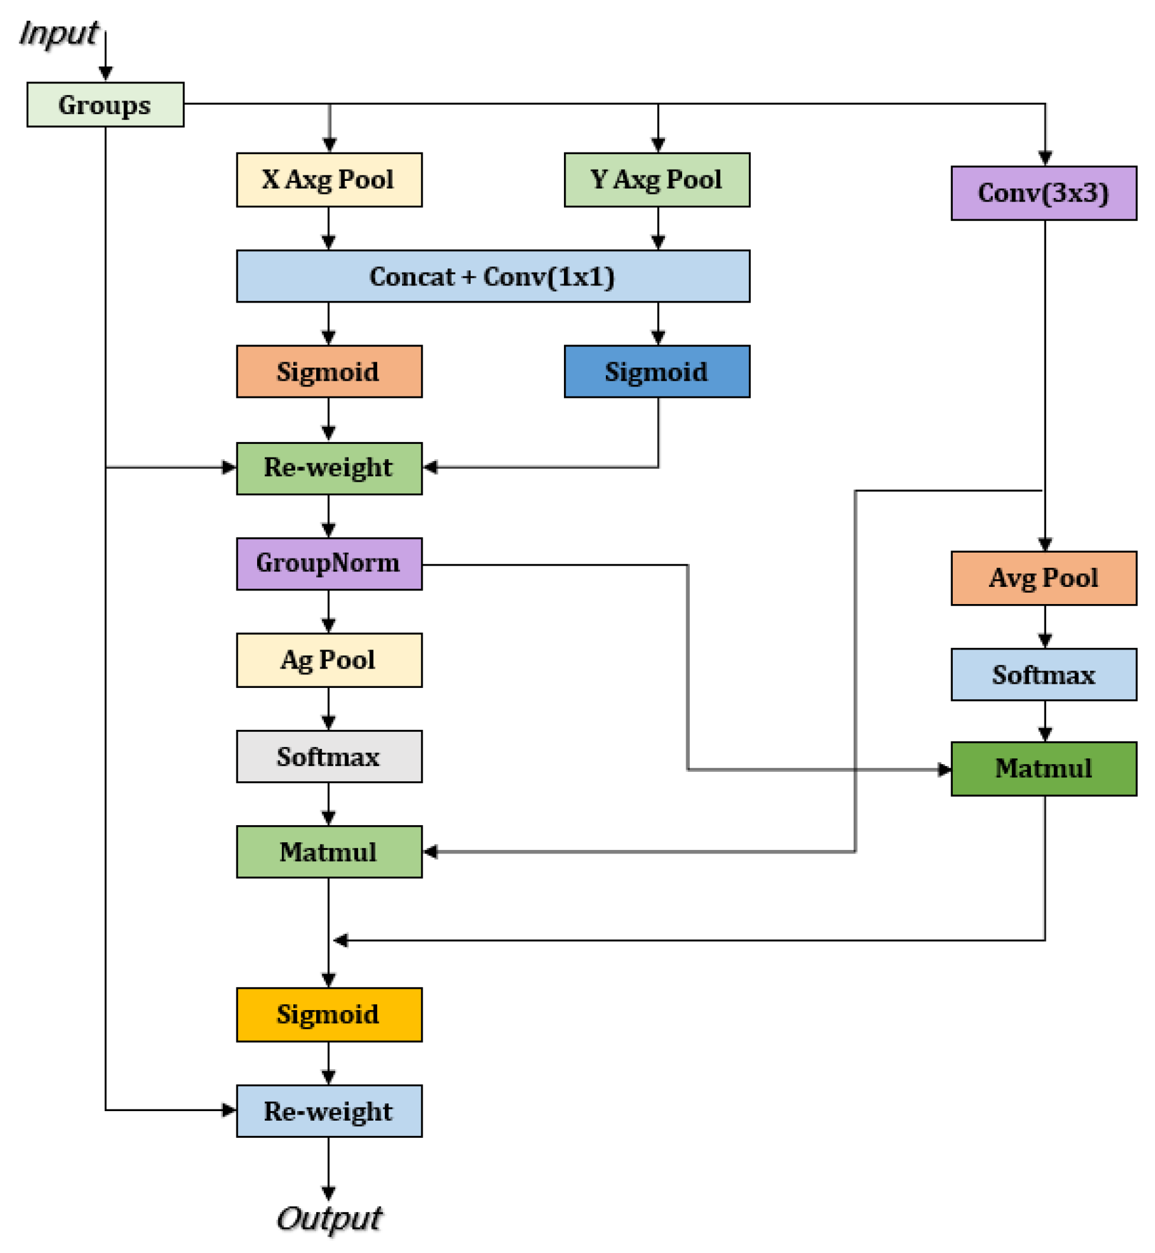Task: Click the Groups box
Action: click(105, 105)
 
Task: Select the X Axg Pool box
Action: click(329, 180)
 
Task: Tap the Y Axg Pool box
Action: click(657, 180)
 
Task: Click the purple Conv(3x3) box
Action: click(1043, 193)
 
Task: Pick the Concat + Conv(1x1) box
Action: click(492, 276)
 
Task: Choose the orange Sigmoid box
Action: click(329, 372)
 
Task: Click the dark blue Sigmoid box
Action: click(657, 372)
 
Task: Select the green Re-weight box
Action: click(329, 469)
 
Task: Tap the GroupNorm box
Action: click(329, 564)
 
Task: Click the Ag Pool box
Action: click(329, 660)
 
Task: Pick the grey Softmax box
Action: click(329, 756)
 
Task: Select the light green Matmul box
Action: click(329, 852)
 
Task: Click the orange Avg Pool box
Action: click(1043, 578)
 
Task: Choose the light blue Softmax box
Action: click(1043, 674)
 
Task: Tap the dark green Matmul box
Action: click(1043, 769)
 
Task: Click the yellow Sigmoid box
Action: click(329, 1014)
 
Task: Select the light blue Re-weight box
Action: click(329, 1111)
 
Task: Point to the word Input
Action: click(59, 34)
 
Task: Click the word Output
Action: click(329, 1219)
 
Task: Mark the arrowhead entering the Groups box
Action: click(106, 74)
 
